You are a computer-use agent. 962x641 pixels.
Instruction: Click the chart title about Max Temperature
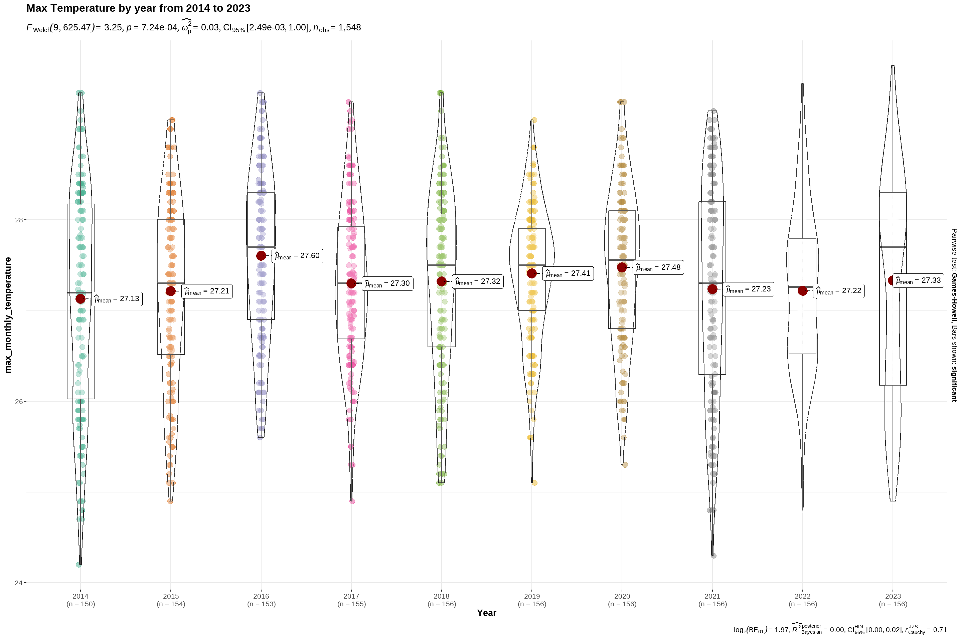pyautogui.click(x=138, y=8)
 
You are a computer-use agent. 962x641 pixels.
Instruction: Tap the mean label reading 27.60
pyautogui.click(x=297, y=256)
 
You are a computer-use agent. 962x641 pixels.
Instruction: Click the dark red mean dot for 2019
pyautogui.click(x=532, y=273)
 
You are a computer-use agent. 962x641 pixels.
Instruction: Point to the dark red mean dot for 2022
pyautogui.click(x=802, y=291)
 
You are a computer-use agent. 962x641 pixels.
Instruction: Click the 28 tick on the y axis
pyautogui.click(x=19, y=220)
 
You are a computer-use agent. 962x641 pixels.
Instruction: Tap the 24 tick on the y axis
pyautogui.click(x=19, y=583)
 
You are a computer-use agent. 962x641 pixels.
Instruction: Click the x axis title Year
pyautogui.click(x=486, y=613)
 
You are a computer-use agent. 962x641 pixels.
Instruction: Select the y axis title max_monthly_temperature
pyautogui.click(x=8, y=315)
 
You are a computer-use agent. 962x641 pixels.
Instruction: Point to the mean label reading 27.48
pyautogui.click(x=658, y=267)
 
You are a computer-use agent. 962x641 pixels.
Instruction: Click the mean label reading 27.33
pyautogui.click(x=918, y=280)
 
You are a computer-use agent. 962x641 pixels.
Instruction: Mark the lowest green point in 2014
pyautogui.click(x=78, y=565)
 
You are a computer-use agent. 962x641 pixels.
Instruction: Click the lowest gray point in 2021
pyautogui.click(x=714, y=556)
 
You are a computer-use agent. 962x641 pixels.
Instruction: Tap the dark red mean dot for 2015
pyautogui.click(x=171, y=291)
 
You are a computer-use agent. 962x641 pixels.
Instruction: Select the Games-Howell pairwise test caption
pyautogui.click(x=954, y=315)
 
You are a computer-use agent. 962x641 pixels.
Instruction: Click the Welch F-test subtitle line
pyautogui.click(x=193, y=28)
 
